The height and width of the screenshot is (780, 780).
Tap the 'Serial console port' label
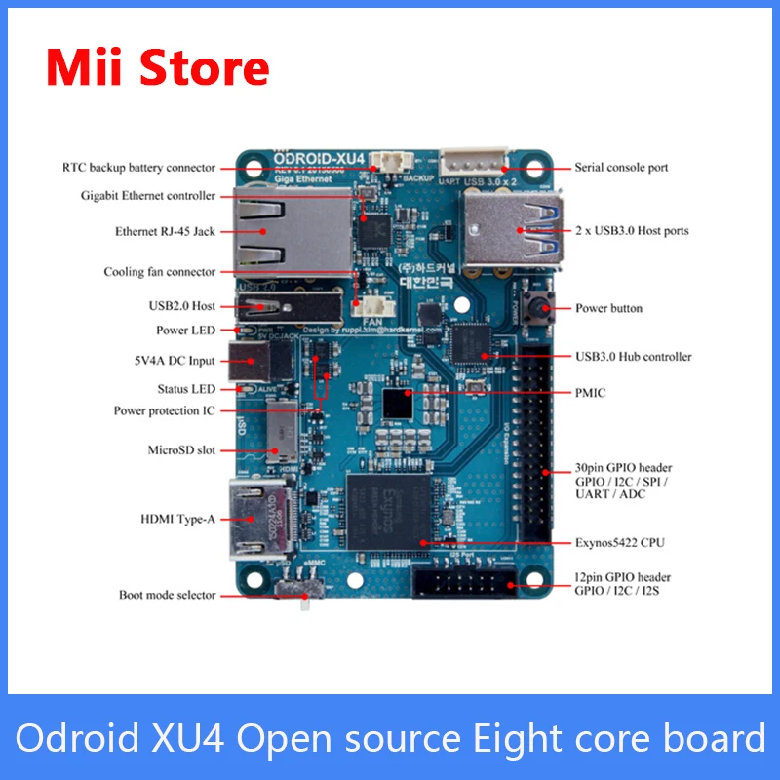tap(621, 168)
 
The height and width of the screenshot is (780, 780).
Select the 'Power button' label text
tap(608, 308)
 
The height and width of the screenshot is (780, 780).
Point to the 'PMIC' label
tap(590, 392)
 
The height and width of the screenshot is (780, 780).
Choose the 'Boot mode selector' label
tap(167, 595)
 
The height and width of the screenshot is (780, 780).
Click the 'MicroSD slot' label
tap(180, 450)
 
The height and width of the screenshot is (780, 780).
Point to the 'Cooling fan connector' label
tap(160, 272)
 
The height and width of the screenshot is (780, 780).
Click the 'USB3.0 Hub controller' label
tap(634, 356)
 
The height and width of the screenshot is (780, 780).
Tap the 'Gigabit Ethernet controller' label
tap(148, 196)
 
